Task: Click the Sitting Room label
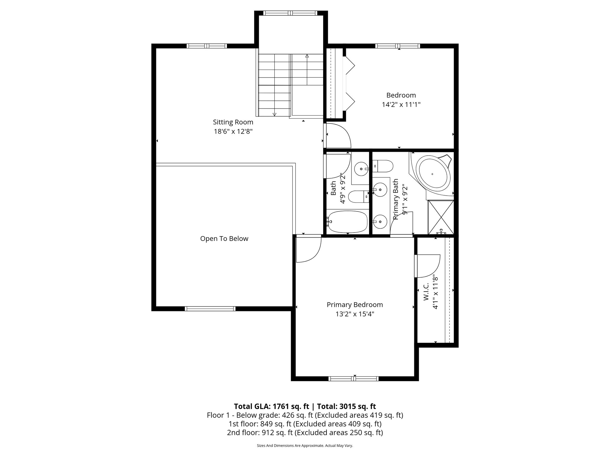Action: pyautogui.click(x=233, y=122)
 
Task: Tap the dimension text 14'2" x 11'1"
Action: pyautogui.click(x=401, y=105)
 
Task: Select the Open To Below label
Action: pyautogui.click(x=224, y=239)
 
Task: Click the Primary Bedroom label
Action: pyautogui.click(x=354, y=305)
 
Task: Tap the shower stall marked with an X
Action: pyautogui.click(x=441, y=217)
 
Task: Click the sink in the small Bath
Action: pyautogui.click(x=361, y=169)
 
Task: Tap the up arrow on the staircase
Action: pyautogui.click(x=307, y=56)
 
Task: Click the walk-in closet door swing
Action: pyautogui.click(x=427, y=265)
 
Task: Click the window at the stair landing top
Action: pyautogui.click(x=291, y=13)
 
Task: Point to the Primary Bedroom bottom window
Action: pyautogui.click(x=354, y=379)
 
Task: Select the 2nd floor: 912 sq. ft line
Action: pyautogui.click(x=305, y=433)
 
